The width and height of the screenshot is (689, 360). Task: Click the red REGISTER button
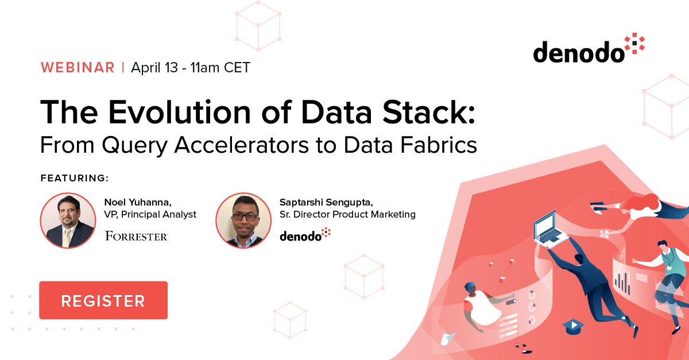pos(103,300)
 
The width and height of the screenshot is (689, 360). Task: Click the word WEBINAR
pos(78,67)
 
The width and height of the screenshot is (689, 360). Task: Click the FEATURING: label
pos(75,178)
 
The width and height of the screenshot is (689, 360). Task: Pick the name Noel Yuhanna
pos(137,202)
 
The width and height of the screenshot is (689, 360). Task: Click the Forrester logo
pos(136,236)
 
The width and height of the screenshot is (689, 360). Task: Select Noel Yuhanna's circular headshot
pos(68,220)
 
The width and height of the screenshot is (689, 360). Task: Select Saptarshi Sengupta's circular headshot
pos(243,220)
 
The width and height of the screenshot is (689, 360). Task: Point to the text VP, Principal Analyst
pos(150,215)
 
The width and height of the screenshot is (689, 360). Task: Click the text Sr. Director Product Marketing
pos(347,215)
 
